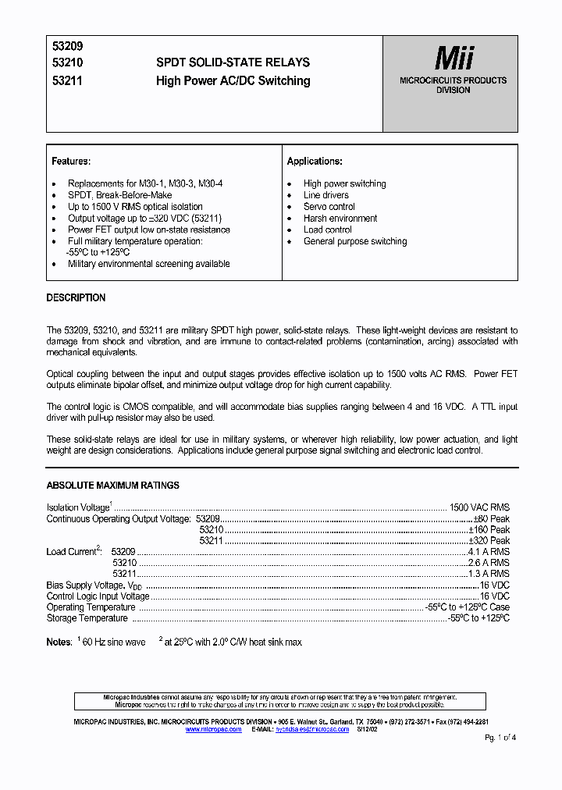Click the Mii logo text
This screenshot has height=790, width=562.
click(x=454, y=59)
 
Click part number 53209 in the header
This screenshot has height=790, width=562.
click(x=61, y=47)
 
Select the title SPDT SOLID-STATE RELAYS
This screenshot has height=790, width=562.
click(x=233, y=62)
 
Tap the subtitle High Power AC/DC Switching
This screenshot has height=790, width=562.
click(x=233, y=80)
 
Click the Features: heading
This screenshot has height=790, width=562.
click(x=71, y=162)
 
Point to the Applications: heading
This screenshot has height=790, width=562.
click(x=315, y=162)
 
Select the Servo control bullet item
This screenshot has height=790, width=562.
click(x=329, y=207)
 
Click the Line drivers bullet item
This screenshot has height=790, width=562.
click(x=325, y=195)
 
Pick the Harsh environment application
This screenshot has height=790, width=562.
click(x=340, y=219)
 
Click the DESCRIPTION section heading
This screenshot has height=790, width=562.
click(x=76, y=298)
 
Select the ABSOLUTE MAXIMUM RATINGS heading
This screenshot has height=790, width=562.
click(x=112, y=486)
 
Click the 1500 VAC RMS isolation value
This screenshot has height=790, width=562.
click(x=479, y=507)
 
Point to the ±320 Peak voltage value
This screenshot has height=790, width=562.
click(x=489, y=540)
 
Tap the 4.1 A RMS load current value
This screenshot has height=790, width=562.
click(x=488, y=551)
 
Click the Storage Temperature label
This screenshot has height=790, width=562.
click(x=87, y=618)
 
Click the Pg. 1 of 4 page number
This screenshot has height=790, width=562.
click(x=500, y=738)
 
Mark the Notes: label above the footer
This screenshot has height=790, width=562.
click(x=59, y=642)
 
